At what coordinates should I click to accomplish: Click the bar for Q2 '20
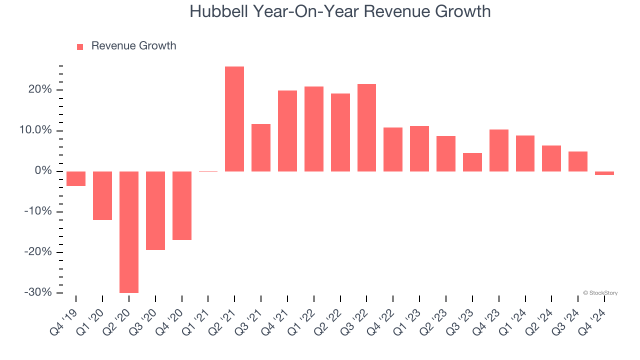point(129,232)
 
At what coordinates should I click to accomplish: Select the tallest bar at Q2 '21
point(234,119)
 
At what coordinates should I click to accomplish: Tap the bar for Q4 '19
point(76,178)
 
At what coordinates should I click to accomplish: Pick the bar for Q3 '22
point(366,127)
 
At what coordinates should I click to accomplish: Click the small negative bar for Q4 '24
point(604,173)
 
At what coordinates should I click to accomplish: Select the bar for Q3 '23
point(472,162)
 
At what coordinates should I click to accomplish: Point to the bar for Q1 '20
point(102,195)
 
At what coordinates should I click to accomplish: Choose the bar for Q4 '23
point(499,150)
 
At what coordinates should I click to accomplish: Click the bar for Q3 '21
point(261,147)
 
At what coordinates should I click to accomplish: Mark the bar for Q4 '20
point(182,205)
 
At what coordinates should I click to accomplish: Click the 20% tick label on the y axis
point(40,90)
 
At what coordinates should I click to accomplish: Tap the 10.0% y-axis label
point(35,130)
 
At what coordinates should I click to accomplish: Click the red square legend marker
point(80,46)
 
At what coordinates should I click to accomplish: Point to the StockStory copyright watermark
point(600,293)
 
